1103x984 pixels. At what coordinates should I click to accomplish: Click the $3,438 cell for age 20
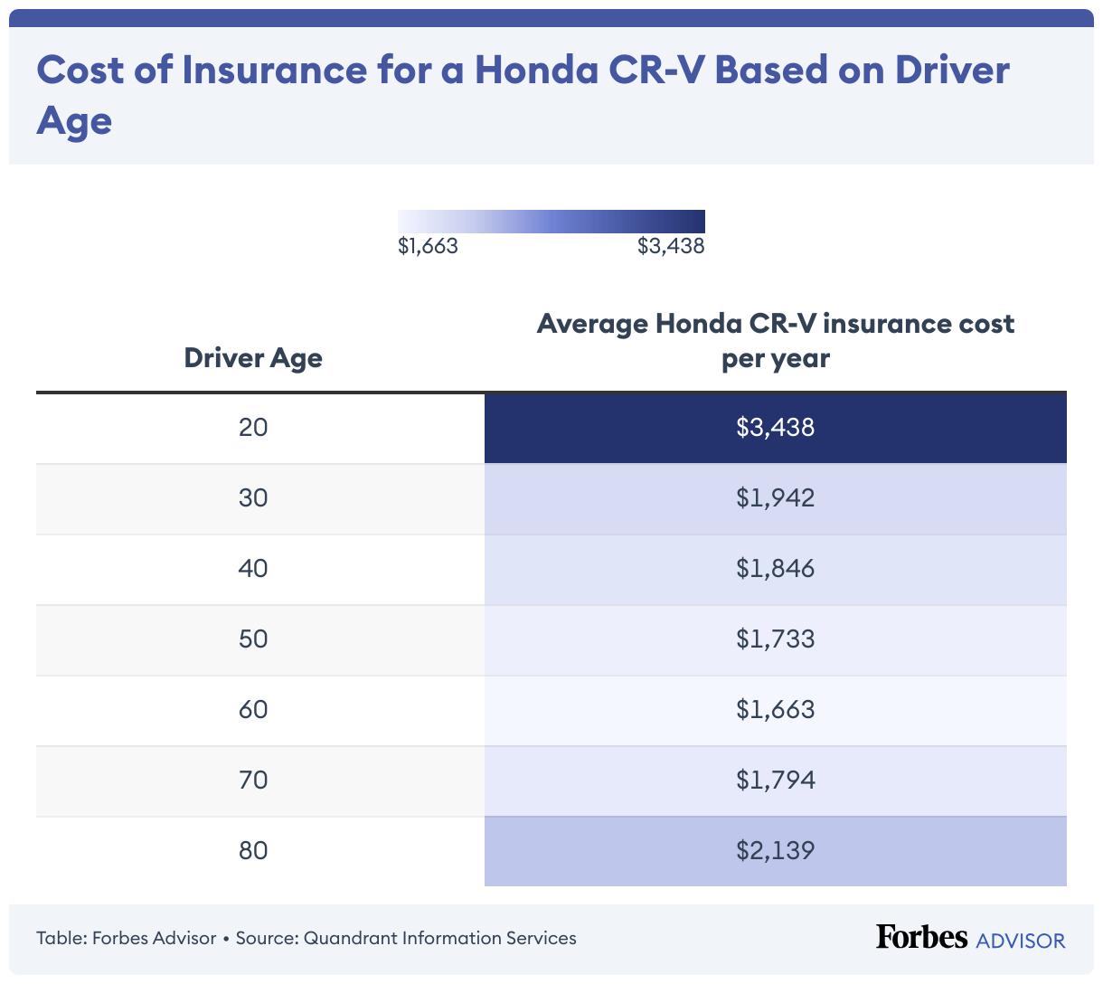pos(775,427)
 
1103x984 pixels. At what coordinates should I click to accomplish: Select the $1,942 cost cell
pos(775,497)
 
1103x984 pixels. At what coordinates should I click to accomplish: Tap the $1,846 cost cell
pos(775,568)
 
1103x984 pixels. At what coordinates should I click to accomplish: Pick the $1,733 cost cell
pos(775,639)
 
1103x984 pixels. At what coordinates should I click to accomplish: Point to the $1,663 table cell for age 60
pos(775,709)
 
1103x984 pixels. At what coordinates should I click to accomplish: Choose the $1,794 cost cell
pos(775,780)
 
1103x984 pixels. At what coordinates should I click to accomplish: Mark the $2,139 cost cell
pos(775,850)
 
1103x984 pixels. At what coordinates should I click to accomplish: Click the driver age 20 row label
pos(253,427)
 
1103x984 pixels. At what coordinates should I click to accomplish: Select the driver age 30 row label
pos(253,497)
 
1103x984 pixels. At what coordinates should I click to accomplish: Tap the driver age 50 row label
pos(253,639)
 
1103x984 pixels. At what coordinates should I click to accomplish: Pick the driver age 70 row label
pos(253,780)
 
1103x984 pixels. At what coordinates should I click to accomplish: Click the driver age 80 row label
pos(253,850)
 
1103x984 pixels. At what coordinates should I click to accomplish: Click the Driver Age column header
pos(253,358)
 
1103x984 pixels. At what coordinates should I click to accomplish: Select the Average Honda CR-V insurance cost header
pos(775,341)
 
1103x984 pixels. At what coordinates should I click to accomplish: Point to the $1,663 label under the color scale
pos(428,246)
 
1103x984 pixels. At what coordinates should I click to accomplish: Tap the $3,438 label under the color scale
pos(671,246)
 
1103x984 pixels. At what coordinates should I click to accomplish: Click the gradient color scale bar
pos(551,222)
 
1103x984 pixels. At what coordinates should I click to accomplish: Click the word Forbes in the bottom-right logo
pos(921,937)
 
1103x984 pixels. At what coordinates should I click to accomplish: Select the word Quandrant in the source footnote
pos(350,938)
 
